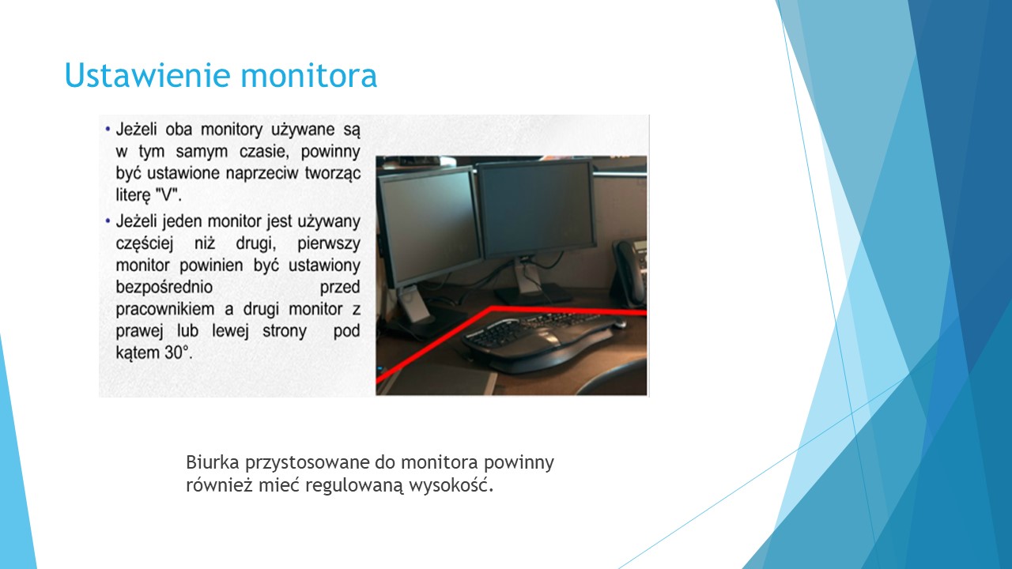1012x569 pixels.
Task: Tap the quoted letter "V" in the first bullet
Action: [x=168, y=195]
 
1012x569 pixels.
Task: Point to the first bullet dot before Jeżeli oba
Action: [x=108, y=130]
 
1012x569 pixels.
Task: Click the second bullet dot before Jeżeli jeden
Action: [x=108, y=221]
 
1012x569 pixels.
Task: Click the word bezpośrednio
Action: [x=164, y=287]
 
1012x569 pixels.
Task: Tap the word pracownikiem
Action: [x=165, y=309]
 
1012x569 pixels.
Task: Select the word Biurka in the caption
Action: [x=213, y=462]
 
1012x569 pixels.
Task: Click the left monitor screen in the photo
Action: [x=429, y=226]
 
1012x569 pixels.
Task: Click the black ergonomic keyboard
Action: [x=542, y=341]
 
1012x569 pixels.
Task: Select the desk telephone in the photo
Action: [x=629, y=272]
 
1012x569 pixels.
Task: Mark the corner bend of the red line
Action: [x=492, y=309]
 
